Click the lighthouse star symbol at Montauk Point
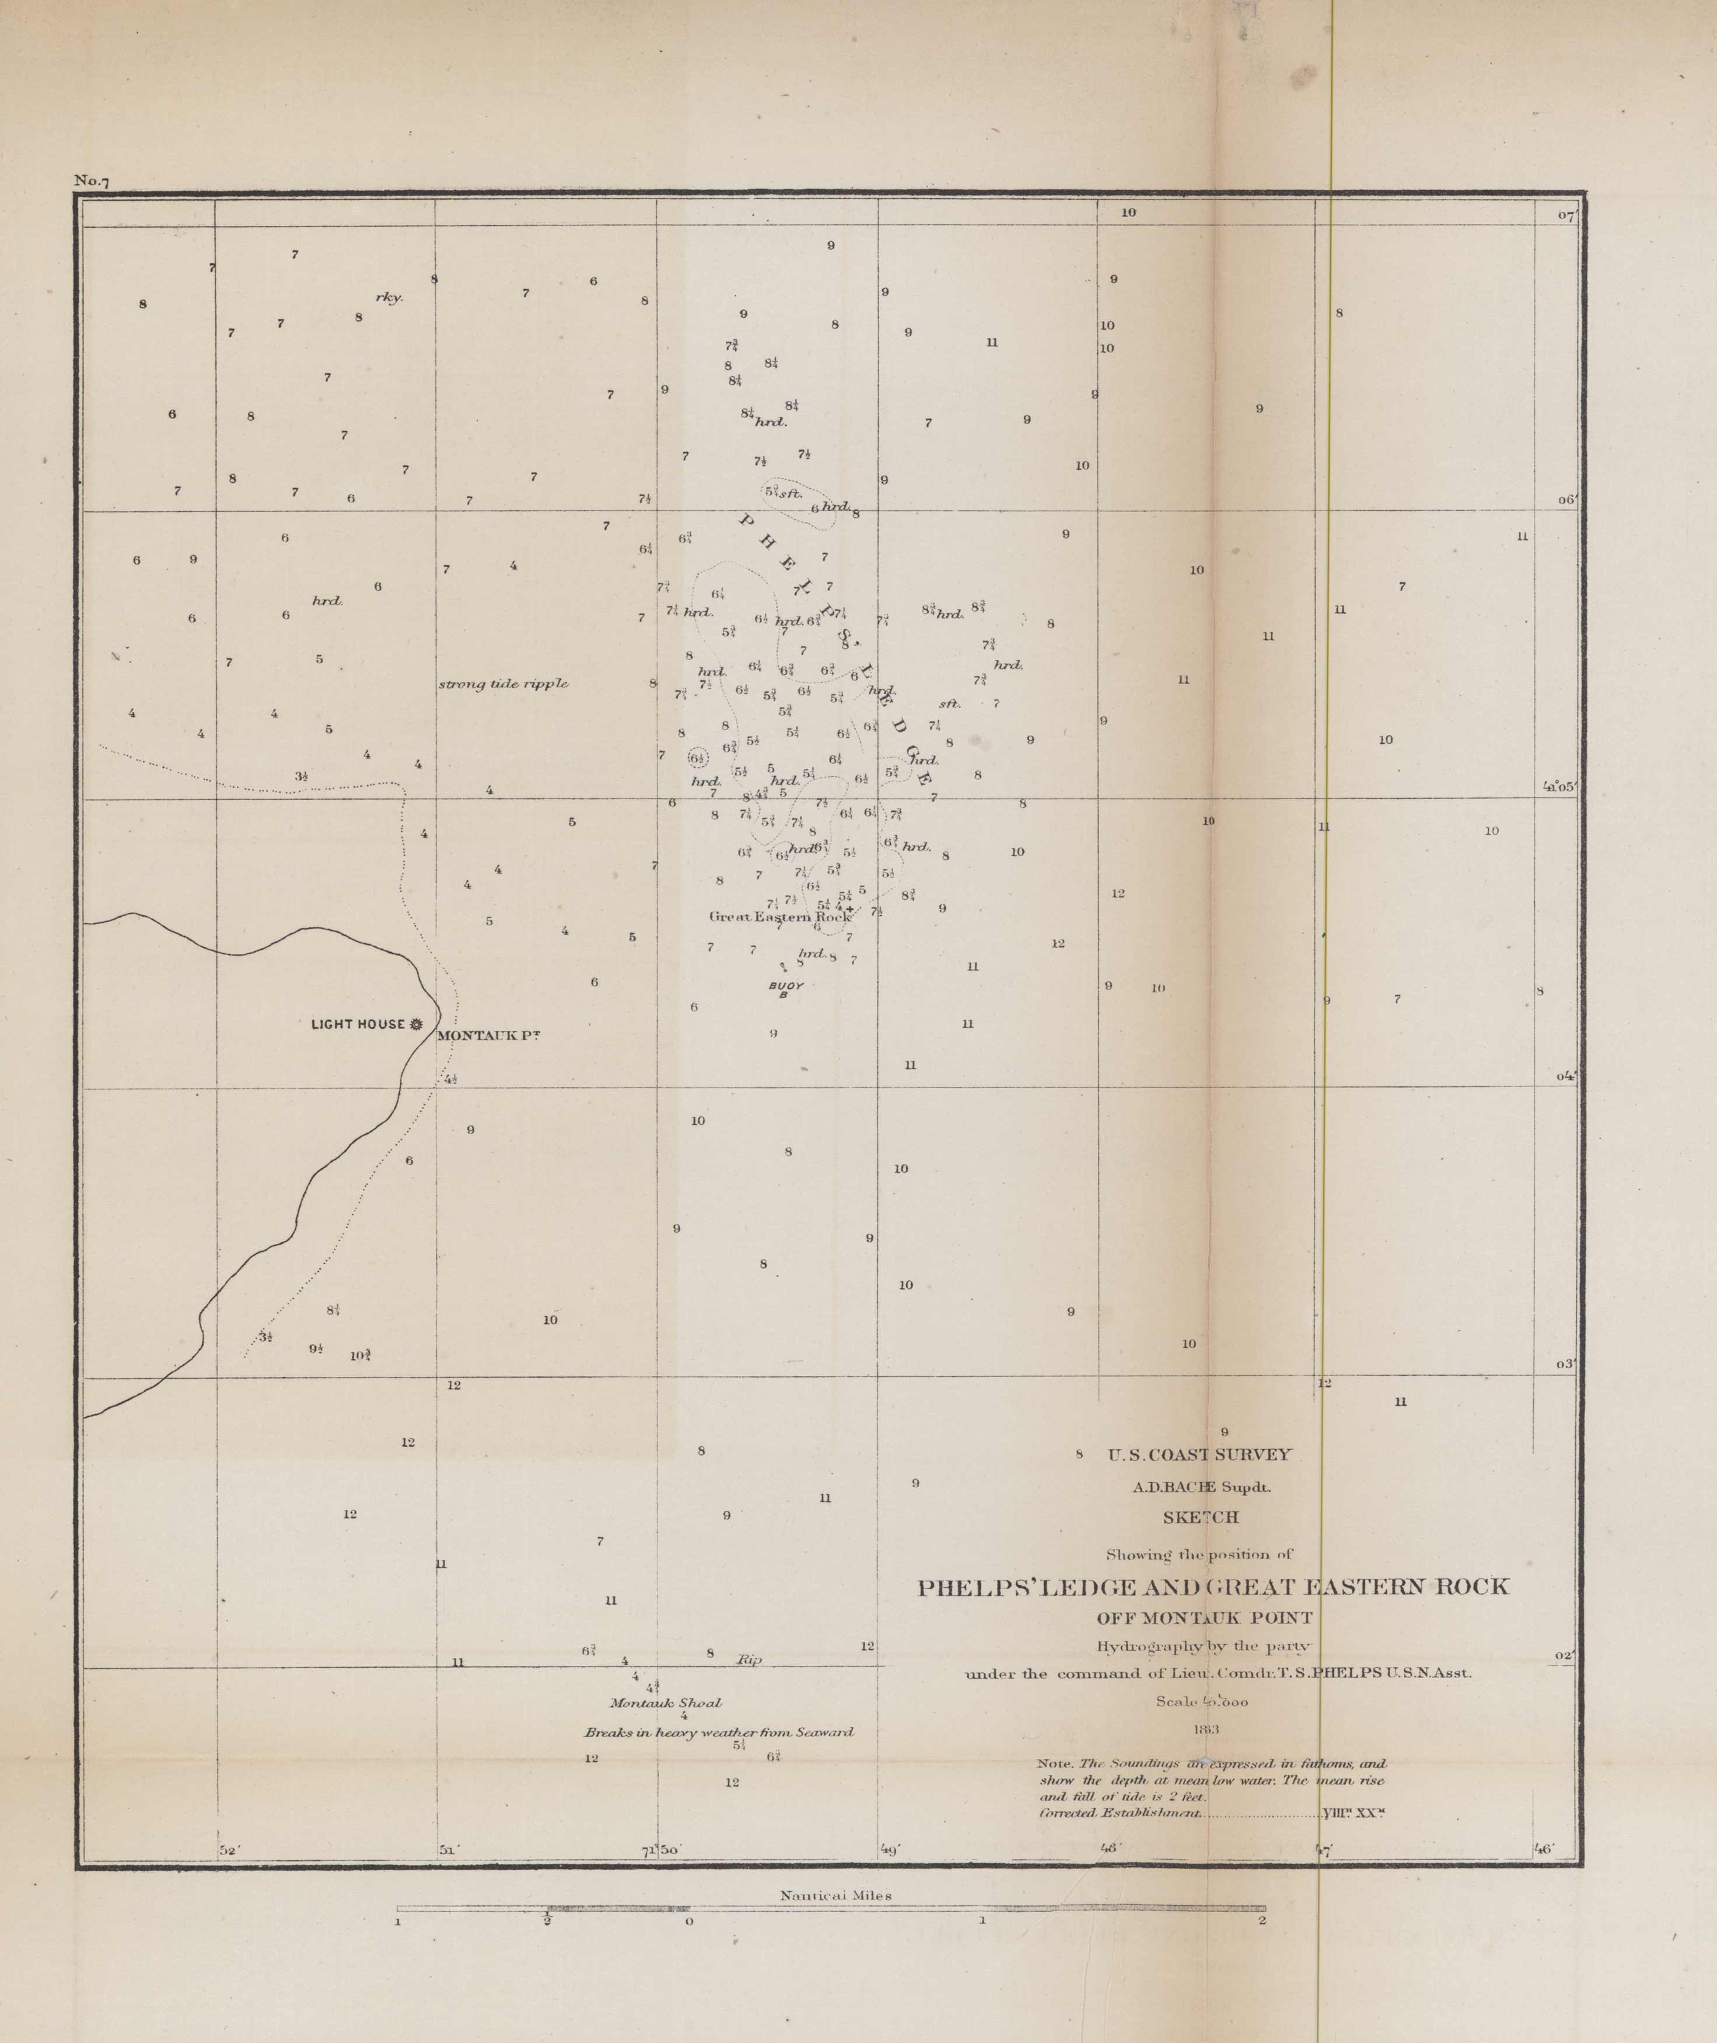tap(417, 1024)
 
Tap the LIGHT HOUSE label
tap(356, 1024)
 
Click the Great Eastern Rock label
tap(779, 916)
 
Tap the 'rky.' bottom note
tap(389, 298)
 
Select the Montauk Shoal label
tap(666, 1703)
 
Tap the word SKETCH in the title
tap(1200, 1517)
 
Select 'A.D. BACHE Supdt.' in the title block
tap(1201, 1487)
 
